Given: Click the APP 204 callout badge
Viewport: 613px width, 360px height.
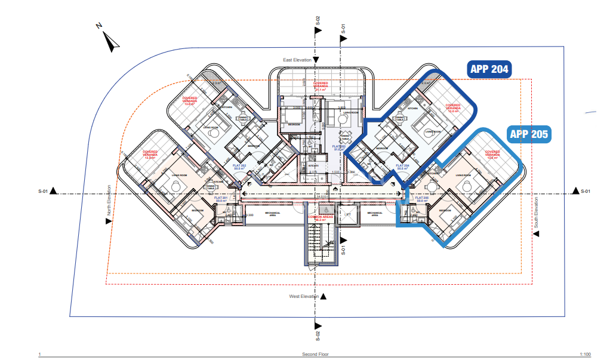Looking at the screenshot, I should (489, 69).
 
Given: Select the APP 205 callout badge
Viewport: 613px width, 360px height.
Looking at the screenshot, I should (529, 134).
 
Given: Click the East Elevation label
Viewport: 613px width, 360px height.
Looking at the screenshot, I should (297, 60).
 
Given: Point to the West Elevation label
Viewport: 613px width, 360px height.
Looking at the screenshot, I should (303, 296).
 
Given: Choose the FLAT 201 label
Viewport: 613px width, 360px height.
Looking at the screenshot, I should (222, 199).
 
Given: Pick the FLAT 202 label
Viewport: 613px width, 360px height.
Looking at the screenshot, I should (241, 168).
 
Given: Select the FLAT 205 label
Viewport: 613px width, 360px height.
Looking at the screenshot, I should (421, 199).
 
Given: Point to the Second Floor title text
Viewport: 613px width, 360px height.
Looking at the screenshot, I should (315, 354).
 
